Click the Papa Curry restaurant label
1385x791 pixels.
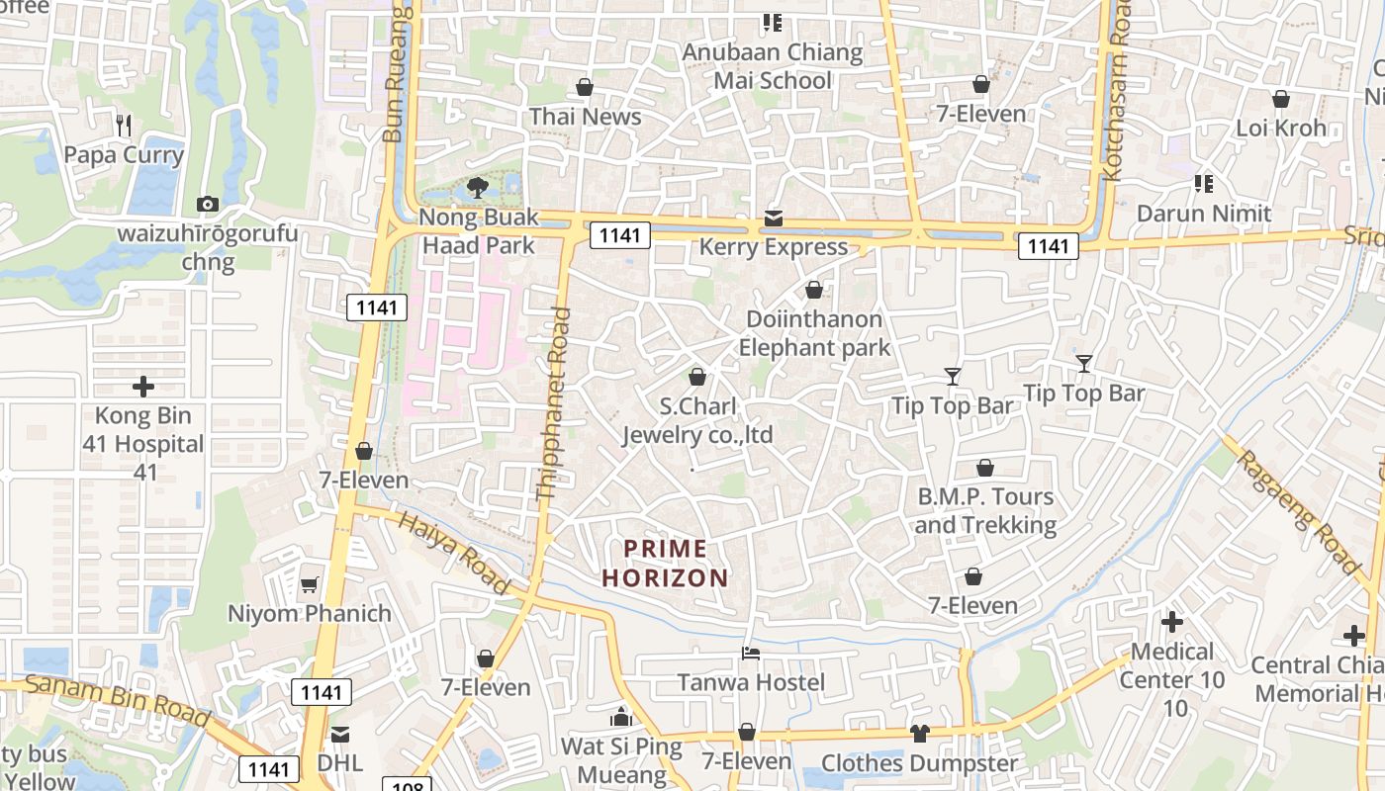pos(124,155)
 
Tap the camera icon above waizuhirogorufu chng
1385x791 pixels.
pos(208,204)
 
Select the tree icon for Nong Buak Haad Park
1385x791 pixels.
pos(478,187)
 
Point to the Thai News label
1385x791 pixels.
pos(585,117)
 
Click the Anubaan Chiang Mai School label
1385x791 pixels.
pos(773,66)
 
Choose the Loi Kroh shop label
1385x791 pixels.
pos(1281,128)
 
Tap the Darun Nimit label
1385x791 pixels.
pos(1204,213)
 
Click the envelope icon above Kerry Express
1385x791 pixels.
pos(773,219)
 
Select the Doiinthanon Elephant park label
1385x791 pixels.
pos(814,333)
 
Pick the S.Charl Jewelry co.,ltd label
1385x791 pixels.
pos(697,421)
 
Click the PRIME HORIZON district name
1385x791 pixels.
pos(666,563)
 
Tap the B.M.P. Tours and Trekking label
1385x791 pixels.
pos(985,510)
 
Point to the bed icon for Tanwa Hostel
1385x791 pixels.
pos(751,654)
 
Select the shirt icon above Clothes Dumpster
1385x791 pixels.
pos(919,733)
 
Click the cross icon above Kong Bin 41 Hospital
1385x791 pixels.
pos(143,386)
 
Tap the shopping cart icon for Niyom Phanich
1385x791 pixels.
pos(310,584)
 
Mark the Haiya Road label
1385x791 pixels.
pos(454,553)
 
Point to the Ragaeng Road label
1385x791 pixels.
pos(1297,512)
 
